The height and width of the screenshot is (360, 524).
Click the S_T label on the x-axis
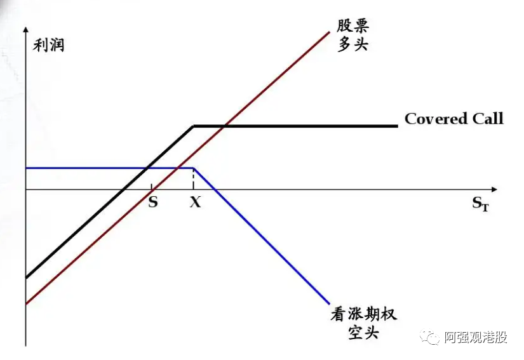(x=480, y=204)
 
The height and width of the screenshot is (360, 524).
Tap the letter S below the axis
(x=152, y=203)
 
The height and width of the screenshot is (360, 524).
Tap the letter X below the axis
(x=195, y=203)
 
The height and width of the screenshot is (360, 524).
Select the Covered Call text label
(x=453, y=119)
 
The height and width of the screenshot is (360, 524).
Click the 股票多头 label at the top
(x=353, y=35)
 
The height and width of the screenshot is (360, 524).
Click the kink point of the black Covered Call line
(x=194, y=126)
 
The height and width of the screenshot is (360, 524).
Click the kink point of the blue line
(x=193, y=168)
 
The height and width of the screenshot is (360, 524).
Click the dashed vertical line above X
(x=193, y=179)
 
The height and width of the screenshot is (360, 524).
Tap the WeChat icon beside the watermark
(x=433, y=337)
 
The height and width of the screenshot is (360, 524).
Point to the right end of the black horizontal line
(x=397, y=126)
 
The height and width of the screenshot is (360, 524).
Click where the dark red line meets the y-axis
(x=26, y=304)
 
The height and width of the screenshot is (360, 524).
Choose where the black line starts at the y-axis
(x=26, y=277)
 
